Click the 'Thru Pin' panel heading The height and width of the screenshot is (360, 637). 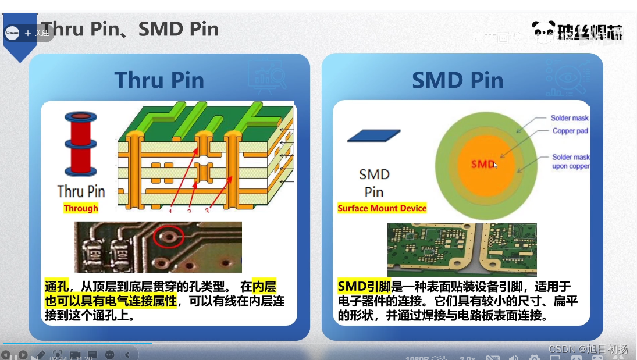pos(159,80)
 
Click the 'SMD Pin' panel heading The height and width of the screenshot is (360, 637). pos(457,81)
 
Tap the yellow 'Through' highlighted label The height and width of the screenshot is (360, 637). pos(81,208)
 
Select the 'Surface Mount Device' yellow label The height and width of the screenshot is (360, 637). pos(382,208)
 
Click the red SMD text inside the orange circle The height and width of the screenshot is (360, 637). pos(483,164)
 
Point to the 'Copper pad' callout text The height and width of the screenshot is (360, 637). pos(570,131)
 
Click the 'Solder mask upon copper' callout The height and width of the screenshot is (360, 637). pos(571,162)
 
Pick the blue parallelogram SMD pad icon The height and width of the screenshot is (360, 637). pos(373,136)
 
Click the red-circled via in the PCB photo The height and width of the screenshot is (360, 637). pos(169,236)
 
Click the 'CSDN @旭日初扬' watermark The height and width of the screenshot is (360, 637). pos(588,350)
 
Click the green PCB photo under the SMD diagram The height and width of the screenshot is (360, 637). pos(462,249)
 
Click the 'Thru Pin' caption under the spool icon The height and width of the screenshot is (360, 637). pos(81,191)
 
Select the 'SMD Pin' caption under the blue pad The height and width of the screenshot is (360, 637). pos(374,183)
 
